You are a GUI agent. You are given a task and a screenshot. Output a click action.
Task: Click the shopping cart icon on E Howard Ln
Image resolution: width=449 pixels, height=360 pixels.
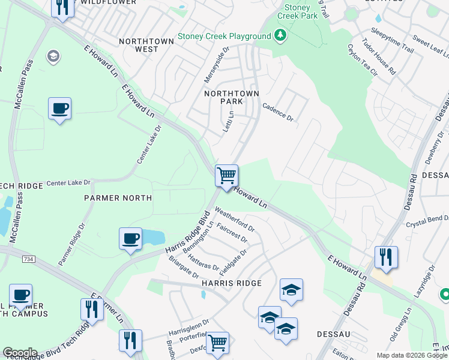[226, 176]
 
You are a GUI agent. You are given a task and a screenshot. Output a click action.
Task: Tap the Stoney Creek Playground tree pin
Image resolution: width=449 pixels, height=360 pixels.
[279, 36]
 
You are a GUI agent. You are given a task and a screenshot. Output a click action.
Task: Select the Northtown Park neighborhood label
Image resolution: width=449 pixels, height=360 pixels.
[231, 97]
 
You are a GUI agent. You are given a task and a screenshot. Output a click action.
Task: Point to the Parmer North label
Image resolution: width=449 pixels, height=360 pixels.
[118, 198]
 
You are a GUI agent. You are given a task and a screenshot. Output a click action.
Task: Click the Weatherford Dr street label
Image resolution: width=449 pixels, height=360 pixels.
[235, 220]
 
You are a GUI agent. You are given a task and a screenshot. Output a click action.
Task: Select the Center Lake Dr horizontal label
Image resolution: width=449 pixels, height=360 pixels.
[68, 182]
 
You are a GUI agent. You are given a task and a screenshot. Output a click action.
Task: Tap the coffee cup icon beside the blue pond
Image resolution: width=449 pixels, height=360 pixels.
[130, 239]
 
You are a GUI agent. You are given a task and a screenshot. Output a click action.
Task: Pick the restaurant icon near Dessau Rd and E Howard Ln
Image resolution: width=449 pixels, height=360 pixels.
[386, 257]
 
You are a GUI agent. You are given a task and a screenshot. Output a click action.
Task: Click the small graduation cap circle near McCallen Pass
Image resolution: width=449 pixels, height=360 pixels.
[53, 56]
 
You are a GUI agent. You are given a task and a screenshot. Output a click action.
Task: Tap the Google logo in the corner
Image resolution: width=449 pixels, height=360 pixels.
[20, 353]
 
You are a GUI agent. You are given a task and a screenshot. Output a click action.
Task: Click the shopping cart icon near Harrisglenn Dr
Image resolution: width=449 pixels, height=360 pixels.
[218, 343]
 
